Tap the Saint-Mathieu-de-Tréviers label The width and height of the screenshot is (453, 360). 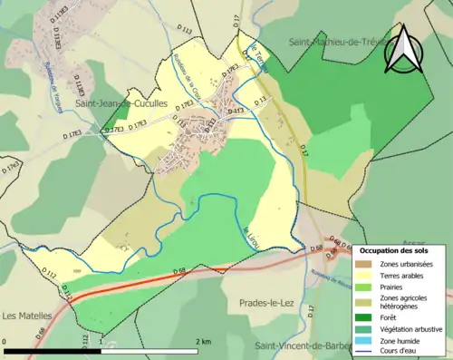tap(342, 42)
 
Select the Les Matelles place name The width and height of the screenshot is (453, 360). tap(25, 316)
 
